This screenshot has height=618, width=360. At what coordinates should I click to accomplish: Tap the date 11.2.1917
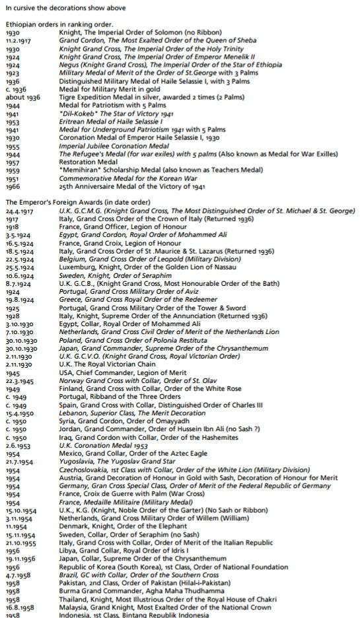pos(18,40)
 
